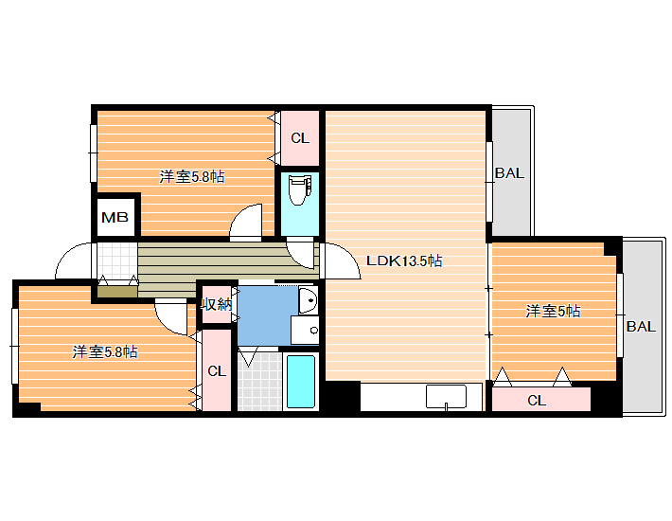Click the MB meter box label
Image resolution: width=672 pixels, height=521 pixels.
(115, 218)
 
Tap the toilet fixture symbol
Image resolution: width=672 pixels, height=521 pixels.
(300, 189)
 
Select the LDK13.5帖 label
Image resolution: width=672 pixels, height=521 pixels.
(404, 260)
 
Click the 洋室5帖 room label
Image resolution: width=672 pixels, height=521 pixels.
(553, 311)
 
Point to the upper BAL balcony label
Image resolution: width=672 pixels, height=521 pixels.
(509, 173)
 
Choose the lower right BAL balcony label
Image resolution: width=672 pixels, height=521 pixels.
(641, 327)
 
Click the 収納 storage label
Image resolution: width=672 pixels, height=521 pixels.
(217, 304)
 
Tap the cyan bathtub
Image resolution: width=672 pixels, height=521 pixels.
(301, 382)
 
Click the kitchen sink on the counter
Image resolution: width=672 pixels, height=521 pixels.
(446, 397)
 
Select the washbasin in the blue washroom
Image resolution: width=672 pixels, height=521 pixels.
(308, 300)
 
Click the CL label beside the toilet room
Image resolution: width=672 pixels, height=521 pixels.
(300, 138)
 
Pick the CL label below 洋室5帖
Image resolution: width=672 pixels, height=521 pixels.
(537, 401)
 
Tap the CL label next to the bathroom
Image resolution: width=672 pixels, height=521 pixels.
(217, 371)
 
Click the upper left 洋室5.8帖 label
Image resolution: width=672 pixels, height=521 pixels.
(192, 177)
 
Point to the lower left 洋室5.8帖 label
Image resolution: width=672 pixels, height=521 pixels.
(105, 352)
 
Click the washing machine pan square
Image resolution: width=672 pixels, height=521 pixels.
(305, 331)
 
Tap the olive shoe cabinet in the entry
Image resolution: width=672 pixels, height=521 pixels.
(117, 292)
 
